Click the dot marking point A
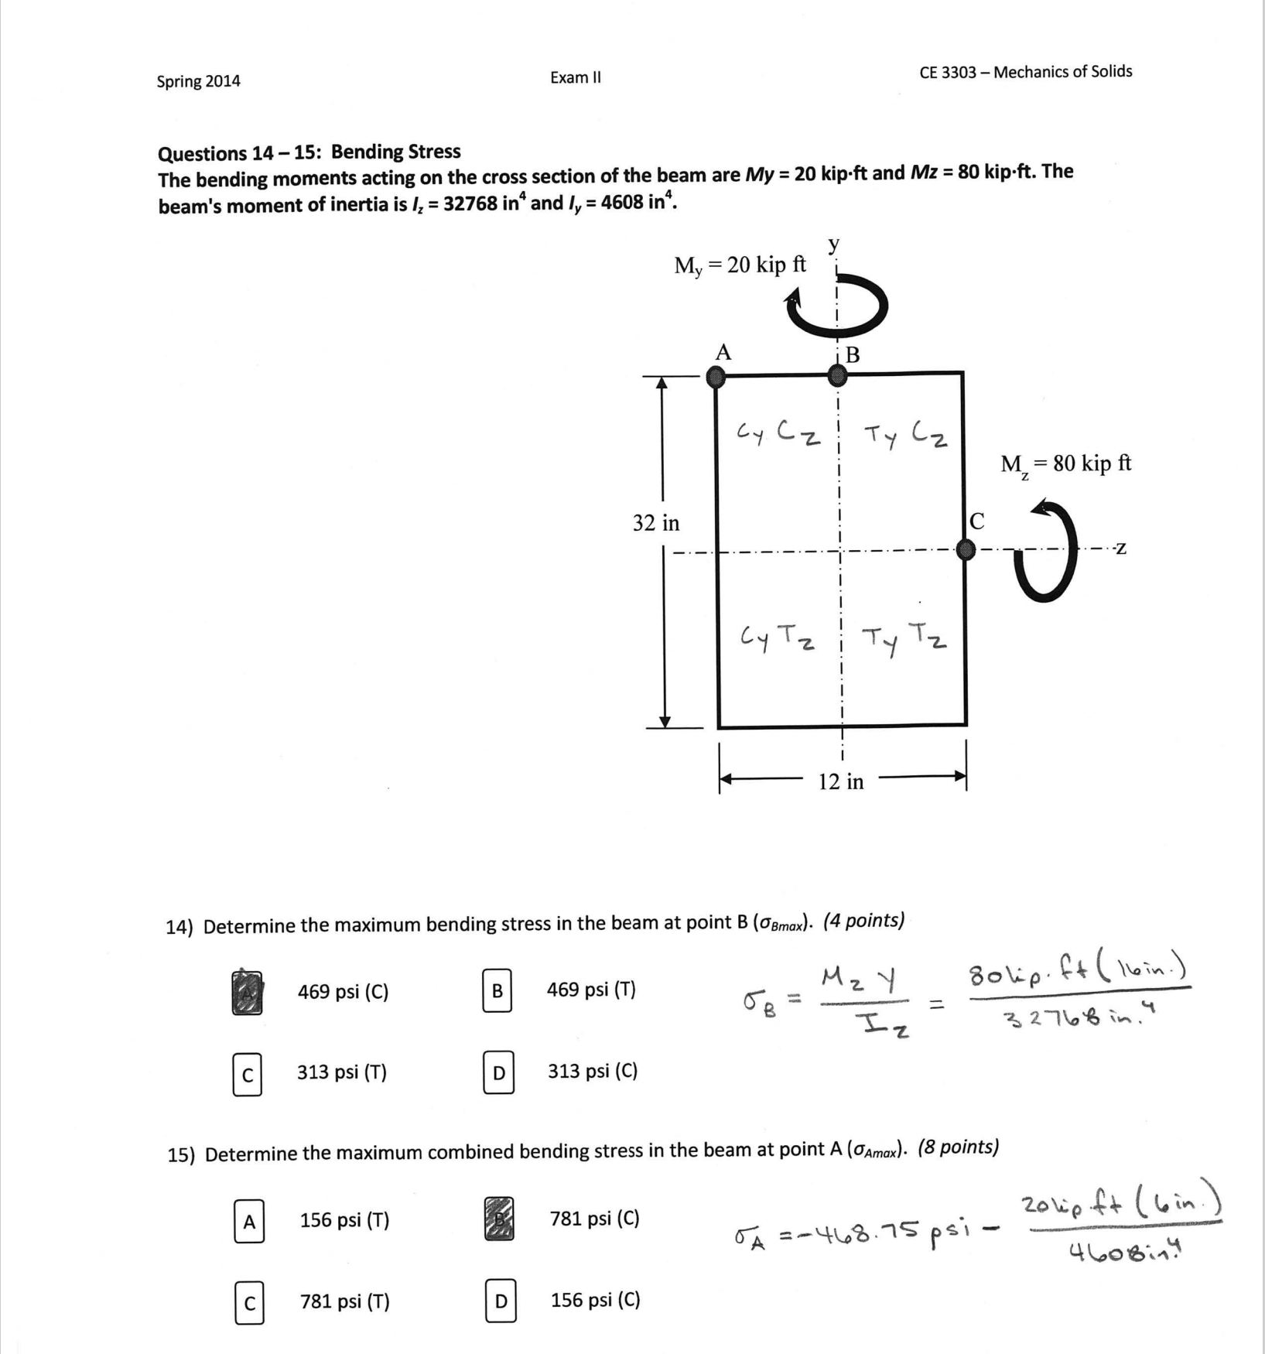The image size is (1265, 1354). tap(716, 377)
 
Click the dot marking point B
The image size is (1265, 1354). tap(837, 376)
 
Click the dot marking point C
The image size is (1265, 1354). tap(965, 549)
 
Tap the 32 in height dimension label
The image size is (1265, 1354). tap(656, 523)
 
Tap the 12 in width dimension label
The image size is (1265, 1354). tap(841, 781)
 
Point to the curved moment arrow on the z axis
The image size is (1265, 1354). tap(1048, 551)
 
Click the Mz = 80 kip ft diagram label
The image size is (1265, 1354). tap(1065, 464)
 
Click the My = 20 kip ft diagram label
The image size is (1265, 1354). tap(740, 265)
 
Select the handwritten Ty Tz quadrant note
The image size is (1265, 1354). tap(904, 639)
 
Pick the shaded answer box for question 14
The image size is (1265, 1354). tap(247, 993)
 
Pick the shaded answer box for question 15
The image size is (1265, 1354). tap(498, 1219)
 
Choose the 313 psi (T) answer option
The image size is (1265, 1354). tap(341, 1072)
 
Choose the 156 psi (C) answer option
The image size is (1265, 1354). tap(595, 1300)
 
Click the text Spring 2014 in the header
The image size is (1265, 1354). tap(198, 81)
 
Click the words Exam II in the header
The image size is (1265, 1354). tap(575, 77)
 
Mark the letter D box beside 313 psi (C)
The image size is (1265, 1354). tap(498, 1072)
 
